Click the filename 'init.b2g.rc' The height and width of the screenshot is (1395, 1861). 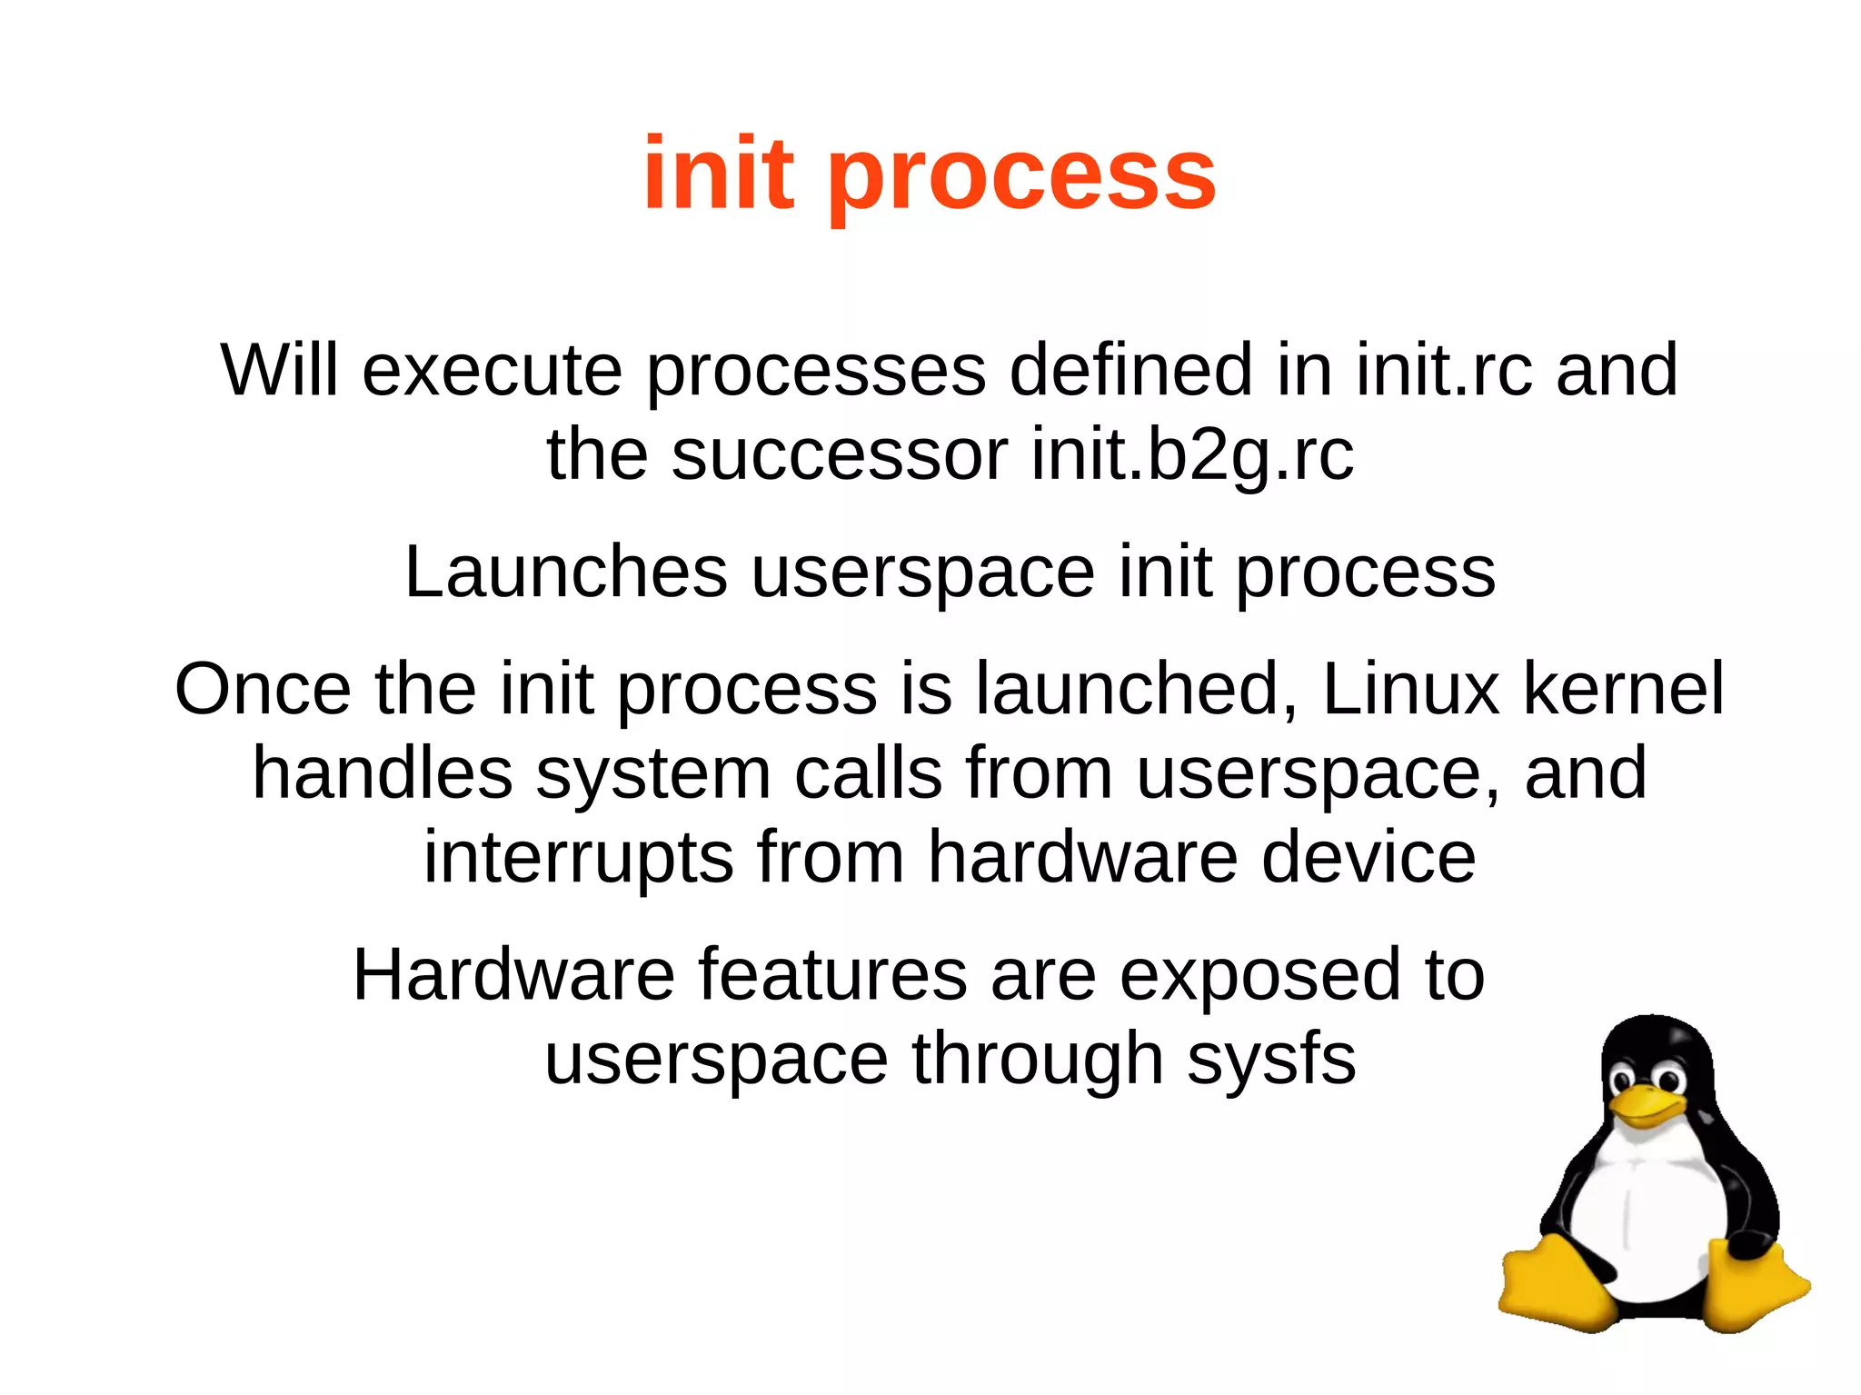point(1192,453)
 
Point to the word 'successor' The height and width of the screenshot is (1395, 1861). point(840,454)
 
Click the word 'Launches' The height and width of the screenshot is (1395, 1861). point(565,572)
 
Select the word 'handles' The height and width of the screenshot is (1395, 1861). point(382,772)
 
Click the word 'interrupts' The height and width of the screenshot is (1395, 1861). point(578,857)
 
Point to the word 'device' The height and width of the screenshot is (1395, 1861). point(1368,857)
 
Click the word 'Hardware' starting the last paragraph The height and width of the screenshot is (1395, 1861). point(513,974)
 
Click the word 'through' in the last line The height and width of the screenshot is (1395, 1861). point(1038,1059)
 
